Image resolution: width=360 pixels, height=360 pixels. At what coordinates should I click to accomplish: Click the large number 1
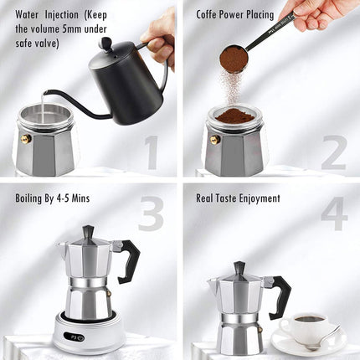click(x=151, y=153)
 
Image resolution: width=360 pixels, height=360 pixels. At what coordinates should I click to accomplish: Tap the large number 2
click(x=332, y=153)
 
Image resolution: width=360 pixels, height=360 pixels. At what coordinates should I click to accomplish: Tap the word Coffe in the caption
click(x=211, y=14)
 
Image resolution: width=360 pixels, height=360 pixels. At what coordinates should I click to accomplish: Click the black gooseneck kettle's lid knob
click(x=105, y=43)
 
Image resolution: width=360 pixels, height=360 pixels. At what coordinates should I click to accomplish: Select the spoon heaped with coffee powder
click(x=234, y=59)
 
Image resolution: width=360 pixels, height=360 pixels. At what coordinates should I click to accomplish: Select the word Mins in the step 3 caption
click(x=80, y=198)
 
